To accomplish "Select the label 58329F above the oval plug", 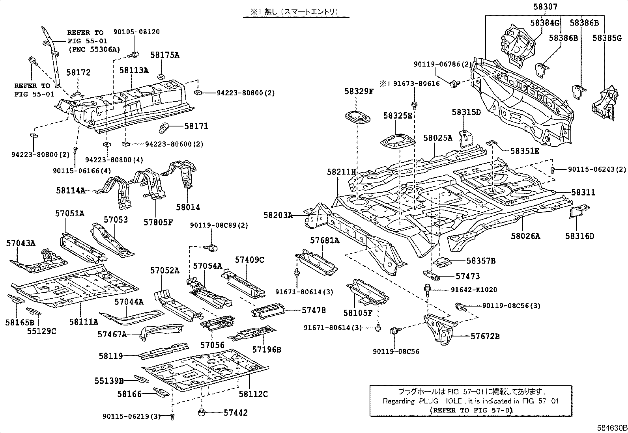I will [x=359, y=91].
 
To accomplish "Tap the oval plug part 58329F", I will [x=357, y=117].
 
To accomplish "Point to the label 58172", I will [x=78, y=72].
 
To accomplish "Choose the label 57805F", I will [x=158, y=222].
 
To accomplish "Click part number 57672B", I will [x=485, y=336].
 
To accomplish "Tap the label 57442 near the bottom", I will [x=236, y=413].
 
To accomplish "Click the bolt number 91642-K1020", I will [x=474, y=290].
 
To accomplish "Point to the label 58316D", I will [x=579, y=236].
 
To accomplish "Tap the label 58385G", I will [x=607, y=38].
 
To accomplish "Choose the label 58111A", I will [x=84, y=322].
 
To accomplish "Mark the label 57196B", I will [x=267, y=349].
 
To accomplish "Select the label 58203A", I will [x=278, y=215].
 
